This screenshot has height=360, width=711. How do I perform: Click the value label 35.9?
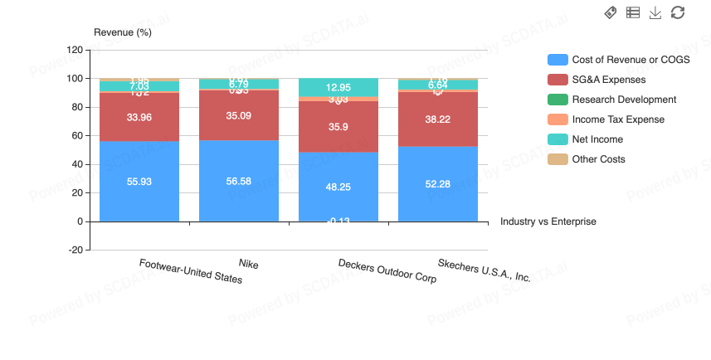(338, 127)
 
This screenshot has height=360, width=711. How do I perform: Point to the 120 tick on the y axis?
(74, 50)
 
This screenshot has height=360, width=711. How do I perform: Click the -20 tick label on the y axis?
(74, 250)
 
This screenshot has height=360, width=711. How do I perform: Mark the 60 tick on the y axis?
(76, 136)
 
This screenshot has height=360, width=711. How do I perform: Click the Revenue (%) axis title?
(123, 32)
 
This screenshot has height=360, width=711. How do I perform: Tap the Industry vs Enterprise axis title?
(548, 221)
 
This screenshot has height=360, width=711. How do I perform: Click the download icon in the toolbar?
(655, 12)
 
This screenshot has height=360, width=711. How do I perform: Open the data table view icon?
(633, 12)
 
